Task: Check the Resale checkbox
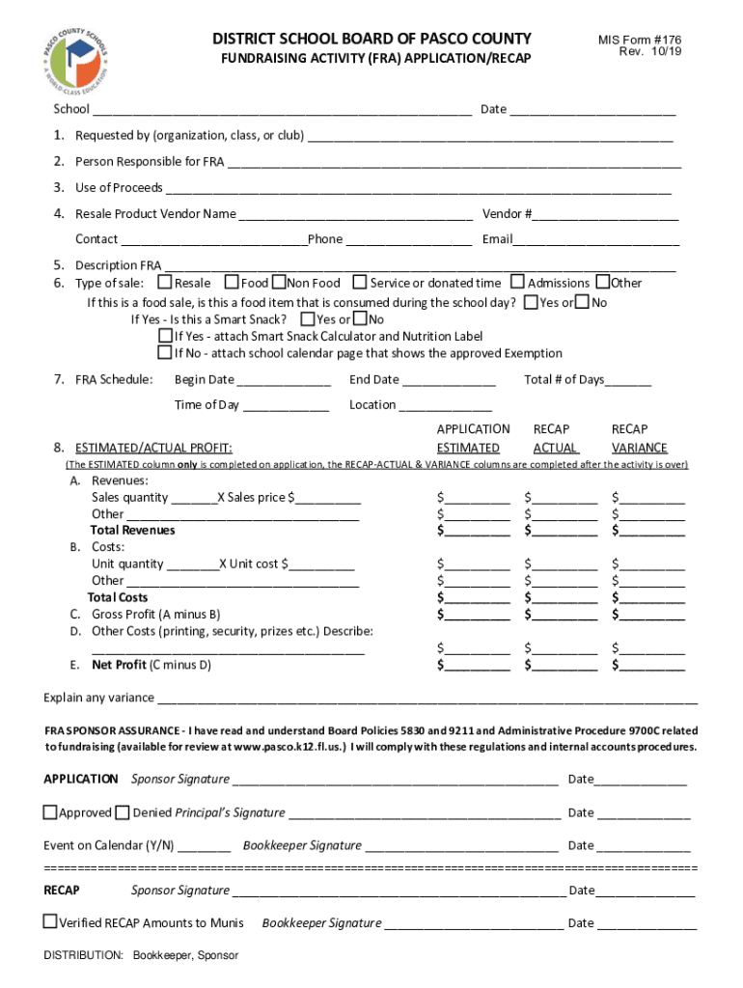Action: tap(165, 283)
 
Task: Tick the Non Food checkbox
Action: tap(279, 283)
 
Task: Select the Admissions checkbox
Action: tap(517, 283)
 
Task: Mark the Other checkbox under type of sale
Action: tap(603, 283)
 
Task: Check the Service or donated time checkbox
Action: tap(360, 283)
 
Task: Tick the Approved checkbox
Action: tap(50, 812)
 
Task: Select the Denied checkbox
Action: tap(123, 812)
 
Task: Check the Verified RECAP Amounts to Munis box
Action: tap(50, 922)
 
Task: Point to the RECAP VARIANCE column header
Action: tap(639, 438)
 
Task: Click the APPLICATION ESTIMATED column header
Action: tap(473, 438)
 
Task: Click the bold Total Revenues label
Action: tap(133, 531)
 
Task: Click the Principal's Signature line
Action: tap(424, 813)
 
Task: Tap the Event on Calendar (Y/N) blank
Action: tap(205, 846)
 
